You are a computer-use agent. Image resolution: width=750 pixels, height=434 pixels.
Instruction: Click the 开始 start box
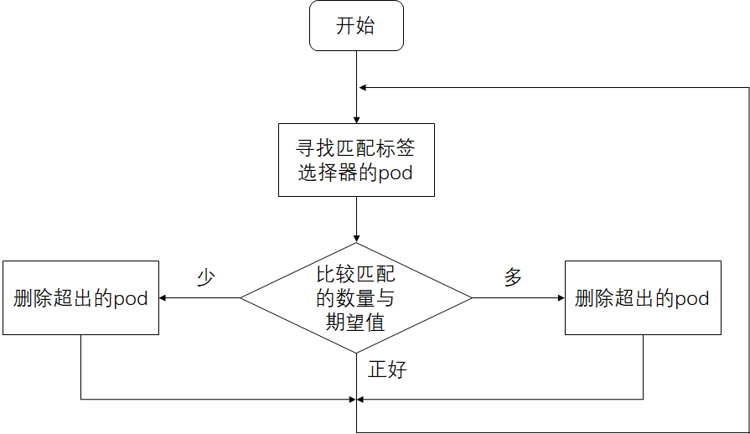pos(356,25)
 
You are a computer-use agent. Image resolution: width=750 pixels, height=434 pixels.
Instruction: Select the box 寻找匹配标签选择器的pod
pos(356,160)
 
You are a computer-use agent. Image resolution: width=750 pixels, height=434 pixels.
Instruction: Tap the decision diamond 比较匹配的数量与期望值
pos(356,297)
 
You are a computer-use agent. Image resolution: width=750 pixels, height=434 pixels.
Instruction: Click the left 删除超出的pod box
pos(80,298)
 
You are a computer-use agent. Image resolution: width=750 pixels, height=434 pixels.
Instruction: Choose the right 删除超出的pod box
pos(643,298)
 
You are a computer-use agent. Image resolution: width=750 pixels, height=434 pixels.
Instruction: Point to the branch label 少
pos(206,278)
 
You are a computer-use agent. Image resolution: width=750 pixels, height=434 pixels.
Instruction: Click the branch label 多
pos(513,278)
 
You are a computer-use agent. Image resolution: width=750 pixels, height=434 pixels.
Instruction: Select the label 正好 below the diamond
pos(387,369)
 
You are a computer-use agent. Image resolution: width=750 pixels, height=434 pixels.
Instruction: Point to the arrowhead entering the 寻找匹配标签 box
pos(357,119)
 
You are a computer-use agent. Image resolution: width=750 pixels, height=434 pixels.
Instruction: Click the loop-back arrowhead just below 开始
pos(363,87)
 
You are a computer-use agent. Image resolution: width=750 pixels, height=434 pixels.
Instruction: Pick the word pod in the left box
pos(131,299)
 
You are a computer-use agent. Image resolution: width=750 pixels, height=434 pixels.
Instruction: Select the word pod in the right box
pos(692,299)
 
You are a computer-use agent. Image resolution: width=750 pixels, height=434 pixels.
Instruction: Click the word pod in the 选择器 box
pos(396,174)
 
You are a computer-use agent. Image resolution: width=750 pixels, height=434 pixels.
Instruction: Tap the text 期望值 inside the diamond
pos(355,322)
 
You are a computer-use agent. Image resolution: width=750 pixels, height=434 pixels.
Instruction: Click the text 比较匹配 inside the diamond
pos(355,274)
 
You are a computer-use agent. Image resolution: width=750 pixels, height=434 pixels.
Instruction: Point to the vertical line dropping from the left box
pos(80,367)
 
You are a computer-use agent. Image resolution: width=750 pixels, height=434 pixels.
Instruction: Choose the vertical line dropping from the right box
pos(643,367)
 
